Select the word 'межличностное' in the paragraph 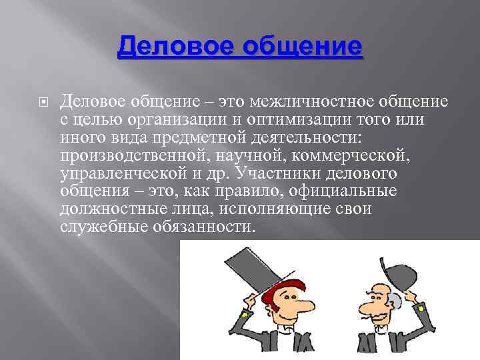point(293,101)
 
